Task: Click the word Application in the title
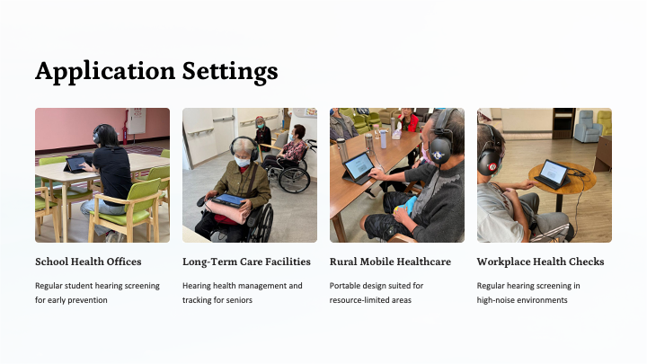click(x=105, y=71)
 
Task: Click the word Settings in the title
click(x=230, y=71)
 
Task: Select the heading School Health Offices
click(x=88, y=262)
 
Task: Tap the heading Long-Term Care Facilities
click(x=246, y=262)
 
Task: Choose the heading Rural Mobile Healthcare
click(x=390, y=262)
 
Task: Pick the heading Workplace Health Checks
click(x=540, y=262)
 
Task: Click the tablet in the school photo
click(x=75, y=164)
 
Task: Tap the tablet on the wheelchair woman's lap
click(x=228, y=200)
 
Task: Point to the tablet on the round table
click(x=553, y=173)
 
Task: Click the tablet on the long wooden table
click(x=359, y=167)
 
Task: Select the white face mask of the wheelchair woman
click(x=243, y=162)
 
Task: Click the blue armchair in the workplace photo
click(x=588, y=127)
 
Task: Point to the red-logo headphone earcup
click(x=490, y=164)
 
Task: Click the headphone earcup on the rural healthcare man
click(x=439, y=151)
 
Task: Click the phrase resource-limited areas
click(x=370, y=300)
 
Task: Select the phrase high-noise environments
click(x=522, y=300)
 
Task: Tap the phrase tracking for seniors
click(x=217, y=300)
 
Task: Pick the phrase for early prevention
click(x=71, y=300)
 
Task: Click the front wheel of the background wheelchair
click(x=294, y=180)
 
